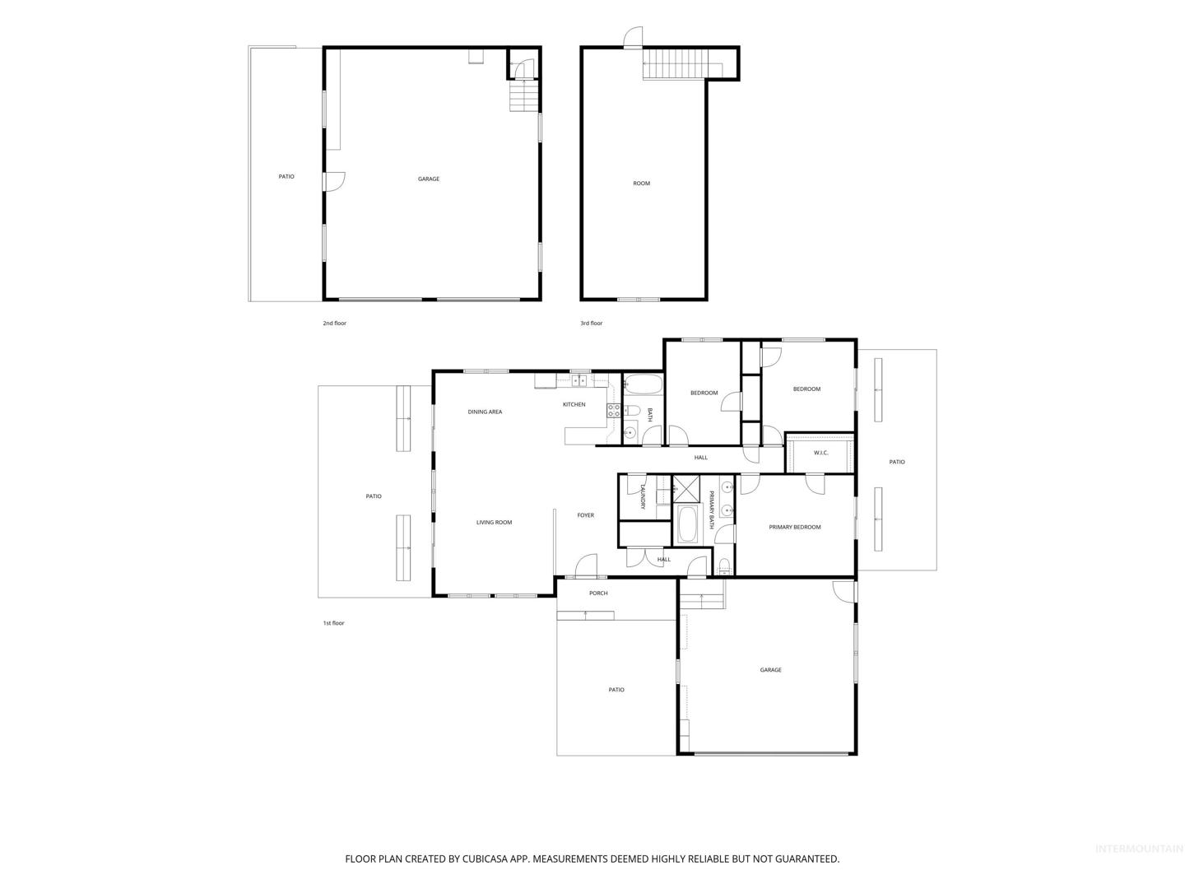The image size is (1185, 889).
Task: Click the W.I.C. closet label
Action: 820,453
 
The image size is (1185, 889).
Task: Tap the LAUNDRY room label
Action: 643,496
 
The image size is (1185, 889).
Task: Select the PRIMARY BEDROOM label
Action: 794,527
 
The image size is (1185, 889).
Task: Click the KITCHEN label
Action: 574,404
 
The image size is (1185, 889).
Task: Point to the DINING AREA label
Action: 484,412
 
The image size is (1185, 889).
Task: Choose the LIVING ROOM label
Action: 494,522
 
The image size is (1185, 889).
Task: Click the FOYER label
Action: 585,515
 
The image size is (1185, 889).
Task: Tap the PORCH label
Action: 597,593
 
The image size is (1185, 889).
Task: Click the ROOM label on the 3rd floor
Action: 641,184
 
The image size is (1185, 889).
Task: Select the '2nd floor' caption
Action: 334,323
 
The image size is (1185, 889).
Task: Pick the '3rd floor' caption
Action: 591,323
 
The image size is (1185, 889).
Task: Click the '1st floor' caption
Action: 333,623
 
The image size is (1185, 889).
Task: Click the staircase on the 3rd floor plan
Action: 682,63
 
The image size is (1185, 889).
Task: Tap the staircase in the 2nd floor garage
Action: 523,95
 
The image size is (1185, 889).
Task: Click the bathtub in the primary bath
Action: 685,524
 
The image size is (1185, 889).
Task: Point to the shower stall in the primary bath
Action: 685,489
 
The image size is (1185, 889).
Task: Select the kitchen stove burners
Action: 613,410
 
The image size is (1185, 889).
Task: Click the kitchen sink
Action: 579,380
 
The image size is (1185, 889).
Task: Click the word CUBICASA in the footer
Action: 484,859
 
